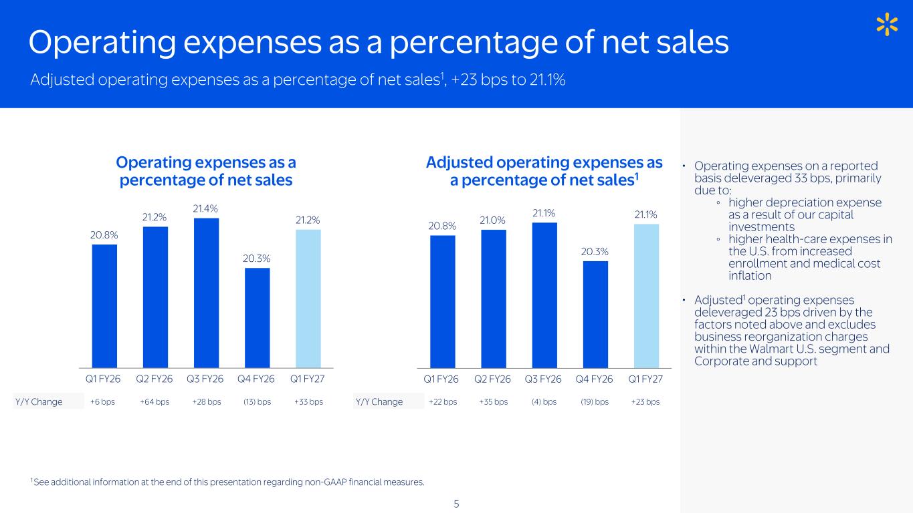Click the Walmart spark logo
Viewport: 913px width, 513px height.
pyautogui.click(x=887, y=24)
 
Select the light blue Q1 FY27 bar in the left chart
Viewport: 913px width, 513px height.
pyautogui.click(x=308, y=299)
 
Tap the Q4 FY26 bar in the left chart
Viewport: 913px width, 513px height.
pyautogui.click(x=258, y=318)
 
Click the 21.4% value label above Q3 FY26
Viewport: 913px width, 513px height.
pyautogui.click(x=205, y=209)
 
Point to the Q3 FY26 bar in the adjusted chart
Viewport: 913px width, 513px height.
pyautogui.click(x=544, y=295)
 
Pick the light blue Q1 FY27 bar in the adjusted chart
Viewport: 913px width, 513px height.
pyautogui.click(x=646, y=296)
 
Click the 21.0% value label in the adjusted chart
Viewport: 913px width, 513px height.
pyautogui.click(x=492, y=220)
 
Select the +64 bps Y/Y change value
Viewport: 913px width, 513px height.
pyautogui.click(x=155, y=402)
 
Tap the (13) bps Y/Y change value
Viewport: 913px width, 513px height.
pyautogui.click(x=258, y=402)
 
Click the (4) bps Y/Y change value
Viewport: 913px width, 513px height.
pyautogui.click(x=544, y=402)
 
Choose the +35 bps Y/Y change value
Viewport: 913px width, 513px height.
pyautogui.click(x=493, y=402)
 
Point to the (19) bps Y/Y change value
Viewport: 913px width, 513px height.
pyautogui.click(x=595, y=402)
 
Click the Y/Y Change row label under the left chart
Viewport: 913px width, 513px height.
pyautogui.click(x=39, y=402)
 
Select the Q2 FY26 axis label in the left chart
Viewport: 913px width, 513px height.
pyautogui.click(x=154, y=379)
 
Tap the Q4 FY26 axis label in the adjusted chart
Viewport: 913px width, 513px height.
pyautogui.click(x=594, y=379)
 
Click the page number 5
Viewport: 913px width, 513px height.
pyautogui.click(x=456, y=504)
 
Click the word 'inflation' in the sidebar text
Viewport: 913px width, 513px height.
pyautogui.click(x=750, y=276)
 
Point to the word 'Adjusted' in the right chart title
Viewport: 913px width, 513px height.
pyautogui.click(x=460, y=162)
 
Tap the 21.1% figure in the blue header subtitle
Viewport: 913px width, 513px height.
pyautogui.click(x=547, y=79)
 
